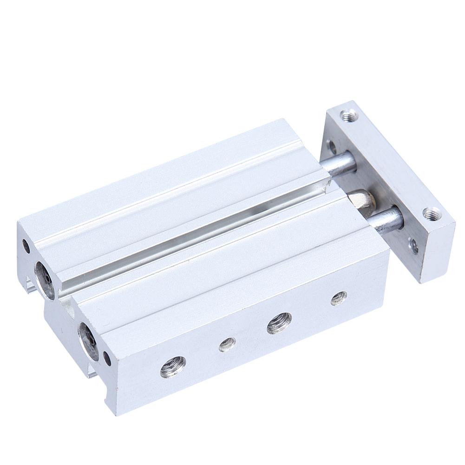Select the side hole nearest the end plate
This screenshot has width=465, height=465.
[x=339, y=298]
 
